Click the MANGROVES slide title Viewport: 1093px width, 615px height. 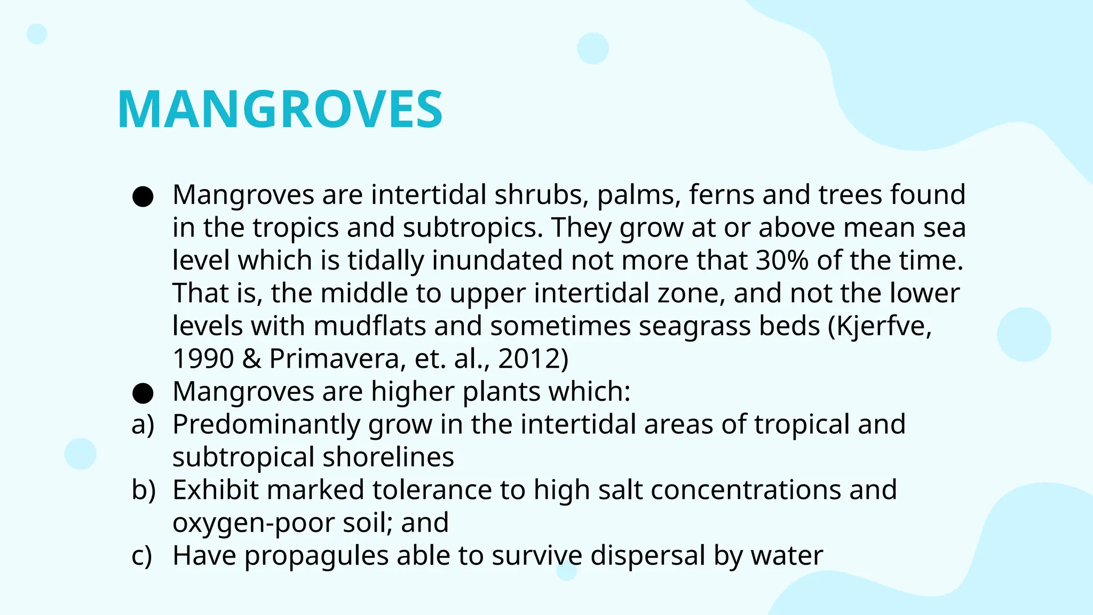tap(280, 109)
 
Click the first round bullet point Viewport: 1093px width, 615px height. tap(143, 196)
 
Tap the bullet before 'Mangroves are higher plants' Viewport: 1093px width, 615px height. tap(143, 393)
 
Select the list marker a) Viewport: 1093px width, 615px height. tap(142, 424)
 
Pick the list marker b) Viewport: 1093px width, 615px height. tap(143, 490)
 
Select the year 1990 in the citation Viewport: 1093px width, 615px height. tap(203, 359)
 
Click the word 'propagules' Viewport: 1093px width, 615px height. tap(316, 556)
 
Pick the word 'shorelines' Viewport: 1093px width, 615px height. tap(388, 458)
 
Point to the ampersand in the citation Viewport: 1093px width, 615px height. tap(251, 359)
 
